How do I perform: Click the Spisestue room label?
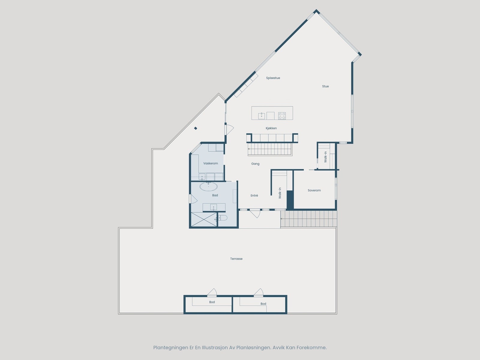point(273,78)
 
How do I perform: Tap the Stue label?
point(325,86)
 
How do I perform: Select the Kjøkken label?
point(271,128)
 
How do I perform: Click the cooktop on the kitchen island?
point(282,115)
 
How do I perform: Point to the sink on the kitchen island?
point(262,115)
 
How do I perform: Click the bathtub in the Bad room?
point(209,187)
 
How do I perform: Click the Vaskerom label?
point(211,163)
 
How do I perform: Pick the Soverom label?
point(314,190)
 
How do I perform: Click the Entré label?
point(254,196)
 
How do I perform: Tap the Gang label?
point(255,164)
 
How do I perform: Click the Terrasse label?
point(236,259)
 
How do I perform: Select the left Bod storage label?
point(212,302)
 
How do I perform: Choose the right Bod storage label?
point(263,304)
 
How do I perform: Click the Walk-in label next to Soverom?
point(280,193)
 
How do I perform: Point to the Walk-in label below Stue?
point(325,157)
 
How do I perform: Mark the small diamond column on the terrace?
point(196,128)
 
